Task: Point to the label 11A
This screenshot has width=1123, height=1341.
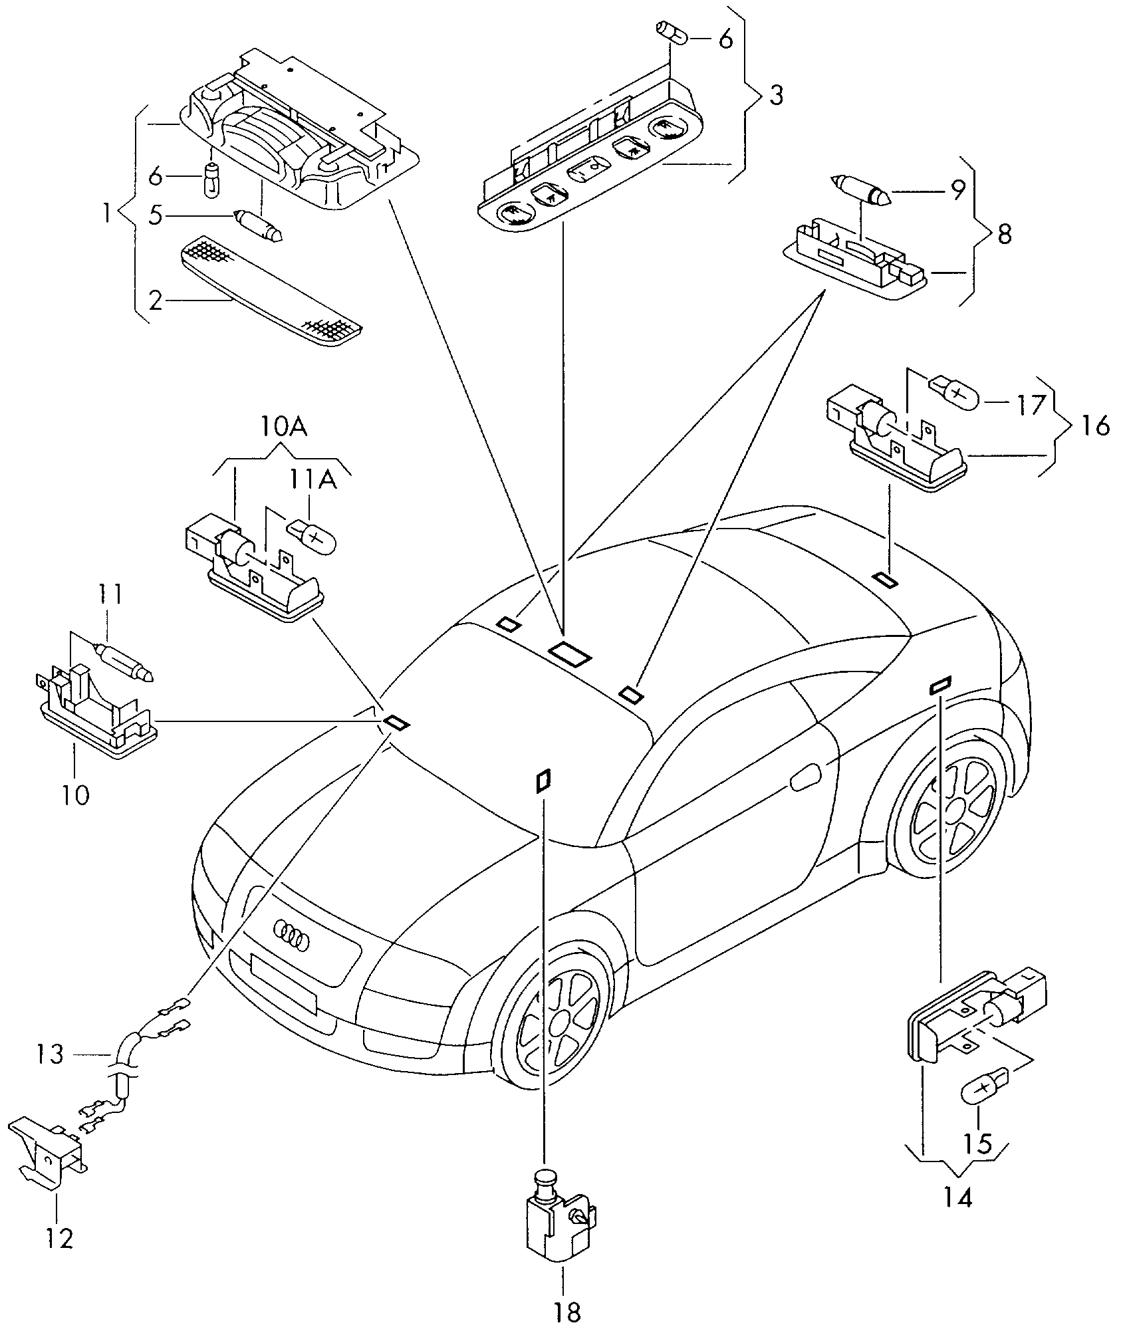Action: (312, 480)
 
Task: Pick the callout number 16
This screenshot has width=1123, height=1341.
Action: (1095, 424)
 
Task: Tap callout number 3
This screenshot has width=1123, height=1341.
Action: (775, 96)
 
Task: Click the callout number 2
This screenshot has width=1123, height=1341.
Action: (155, 301)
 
